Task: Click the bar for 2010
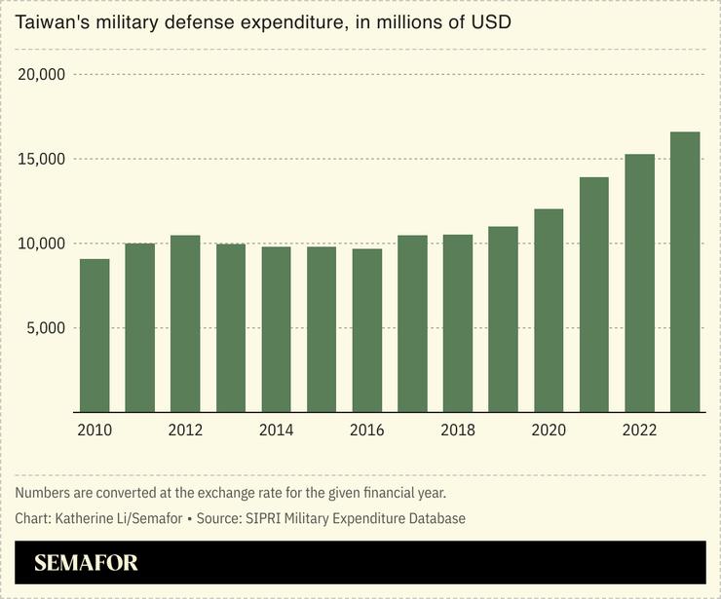pyautogui.click(x=95, y=335)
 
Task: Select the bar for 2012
pyautogui.click(x=185, y=323)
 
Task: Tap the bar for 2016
pyautogui.click(x=367, y=330)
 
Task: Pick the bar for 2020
pyautogui.click(x=549, y=310)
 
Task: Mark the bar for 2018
pyautogui.click(x=458, y=323)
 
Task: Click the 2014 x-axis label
pyautogui.click(x=276, y=430)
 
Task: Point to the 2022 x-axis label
pyautogui.click(x=639, y=430)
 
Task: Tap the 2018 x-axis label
pyautogui.click(x=457, y=430)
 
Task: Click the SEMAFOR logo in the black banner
pyautogui.click(x=86, y=563)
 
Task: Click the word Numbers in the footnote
pyautogui.click(x=45, y=493)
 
